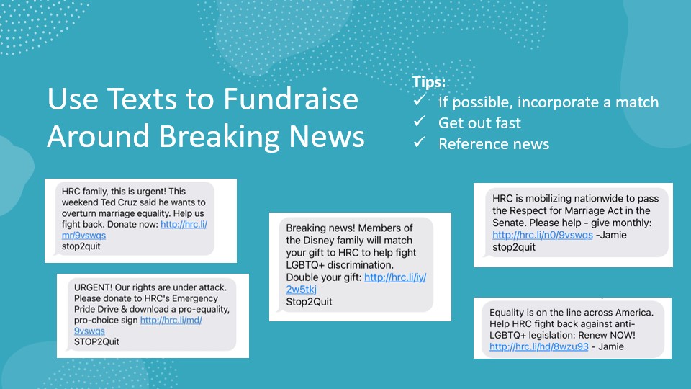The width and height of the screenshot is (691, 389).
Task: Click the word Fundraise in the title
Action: point(290,99)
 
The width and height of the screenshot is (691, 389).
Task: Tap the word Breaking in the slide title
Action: point(220,136)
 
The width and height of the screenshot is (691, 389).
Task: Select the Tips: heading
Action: point(429,82)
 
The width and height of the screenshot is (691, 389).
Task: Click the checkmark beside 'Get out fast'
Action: point(420,121)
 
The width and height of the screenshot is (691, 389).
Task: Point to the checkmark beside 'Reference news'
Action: point(420,142)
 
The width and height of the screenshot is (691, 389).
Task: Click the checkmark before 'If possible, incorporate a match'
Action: point(420,100)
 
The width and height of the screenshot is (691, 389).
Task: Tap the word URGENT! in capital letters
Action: point(93,287)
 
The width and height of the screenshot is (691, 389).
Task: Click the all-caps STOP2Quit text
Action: point(96,341)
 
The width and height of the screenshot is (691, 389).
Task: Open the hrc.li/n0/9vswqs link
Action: point(543,235)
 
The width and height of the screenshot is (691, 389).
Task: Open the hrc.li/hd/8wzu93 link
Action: point(539,346)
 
